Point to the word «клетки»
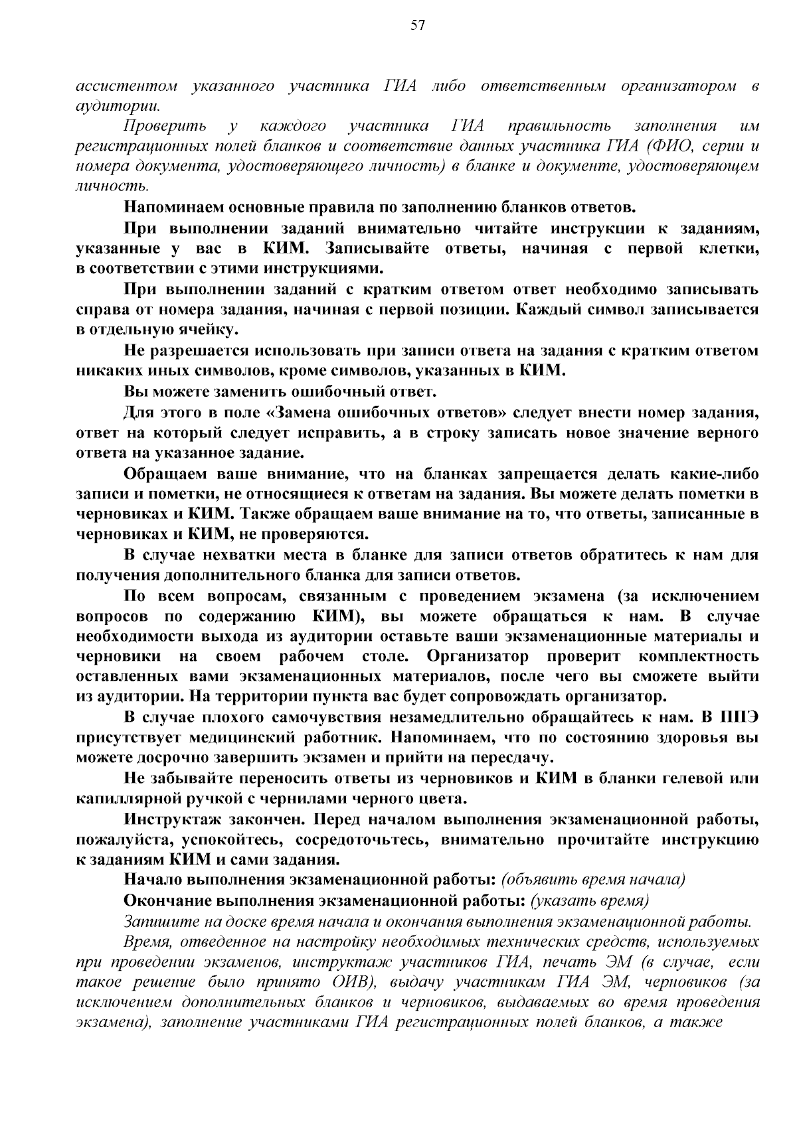(729, 249)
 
